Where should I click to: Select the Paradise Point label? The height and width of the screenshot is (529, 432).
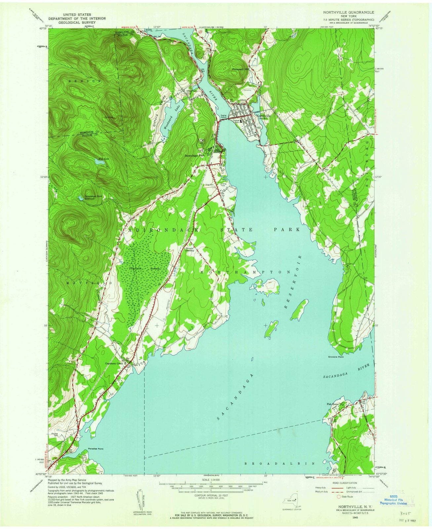pos(96,449)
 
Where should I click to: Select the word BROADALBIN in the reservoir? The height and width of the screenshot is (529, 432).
pos(280,464)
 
